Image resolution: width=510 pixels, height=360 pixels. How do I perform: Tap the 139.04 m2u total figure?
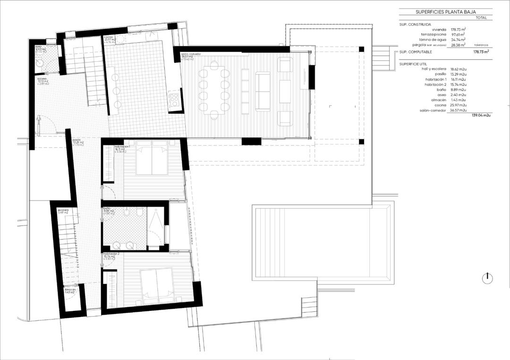click(x=481, y=115)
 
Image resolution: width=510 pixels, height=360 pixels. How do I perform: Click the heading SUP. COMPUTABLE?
click(x=416, y=52)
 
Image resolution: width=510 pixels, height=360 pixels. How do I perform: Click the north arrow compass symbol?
click(x=487, y=278)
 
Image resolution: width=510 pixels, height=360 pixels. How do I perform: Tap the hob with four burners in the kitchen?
click(x=174, y=100)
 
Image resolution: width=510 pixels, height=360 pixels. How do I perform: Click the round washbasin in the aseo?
click(x=40, y=61)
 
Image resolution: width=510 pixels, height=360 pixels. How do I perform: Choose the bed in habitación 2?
click(x=158, y=285)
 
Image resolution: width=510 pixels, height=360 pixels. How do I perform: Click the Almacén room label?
click(x=71, y=291)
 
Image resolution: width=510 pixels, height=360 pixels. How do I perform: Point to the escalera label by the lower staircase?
click(x=63, y=210)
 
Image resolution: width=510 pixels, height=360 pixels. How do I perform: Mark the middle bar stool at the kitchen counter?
click(x=117, y=90)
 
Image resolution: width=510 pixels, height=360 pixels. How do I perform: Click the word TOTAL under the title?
click(x=481, y=17)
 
